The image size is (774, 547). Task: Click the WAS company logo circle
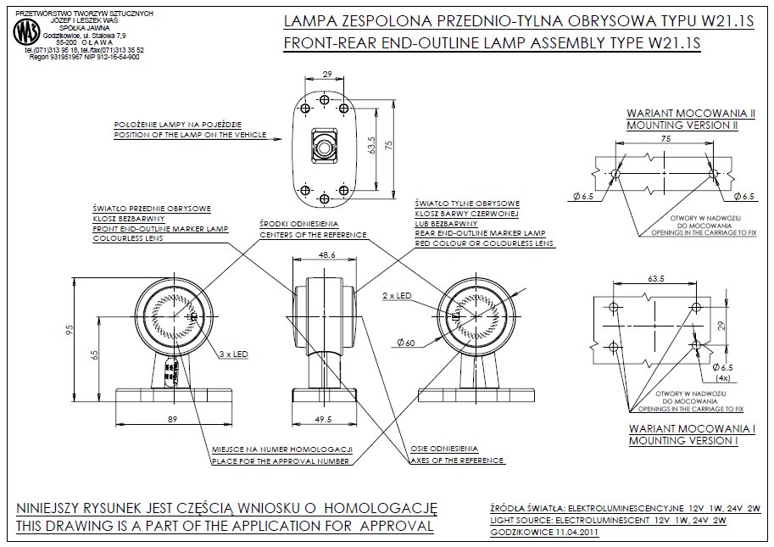25,33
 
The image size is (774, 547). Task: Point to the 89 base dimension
172,419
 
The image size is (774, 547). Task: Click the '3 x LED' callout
233,352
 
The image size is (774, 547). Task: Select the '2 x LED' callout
397,295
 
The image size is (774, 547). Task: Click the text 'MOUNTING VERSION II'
681,125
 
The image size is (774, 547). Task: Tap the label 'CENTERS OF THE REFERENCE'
313,233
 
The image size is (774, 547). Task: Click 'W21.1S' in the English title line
673,41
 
